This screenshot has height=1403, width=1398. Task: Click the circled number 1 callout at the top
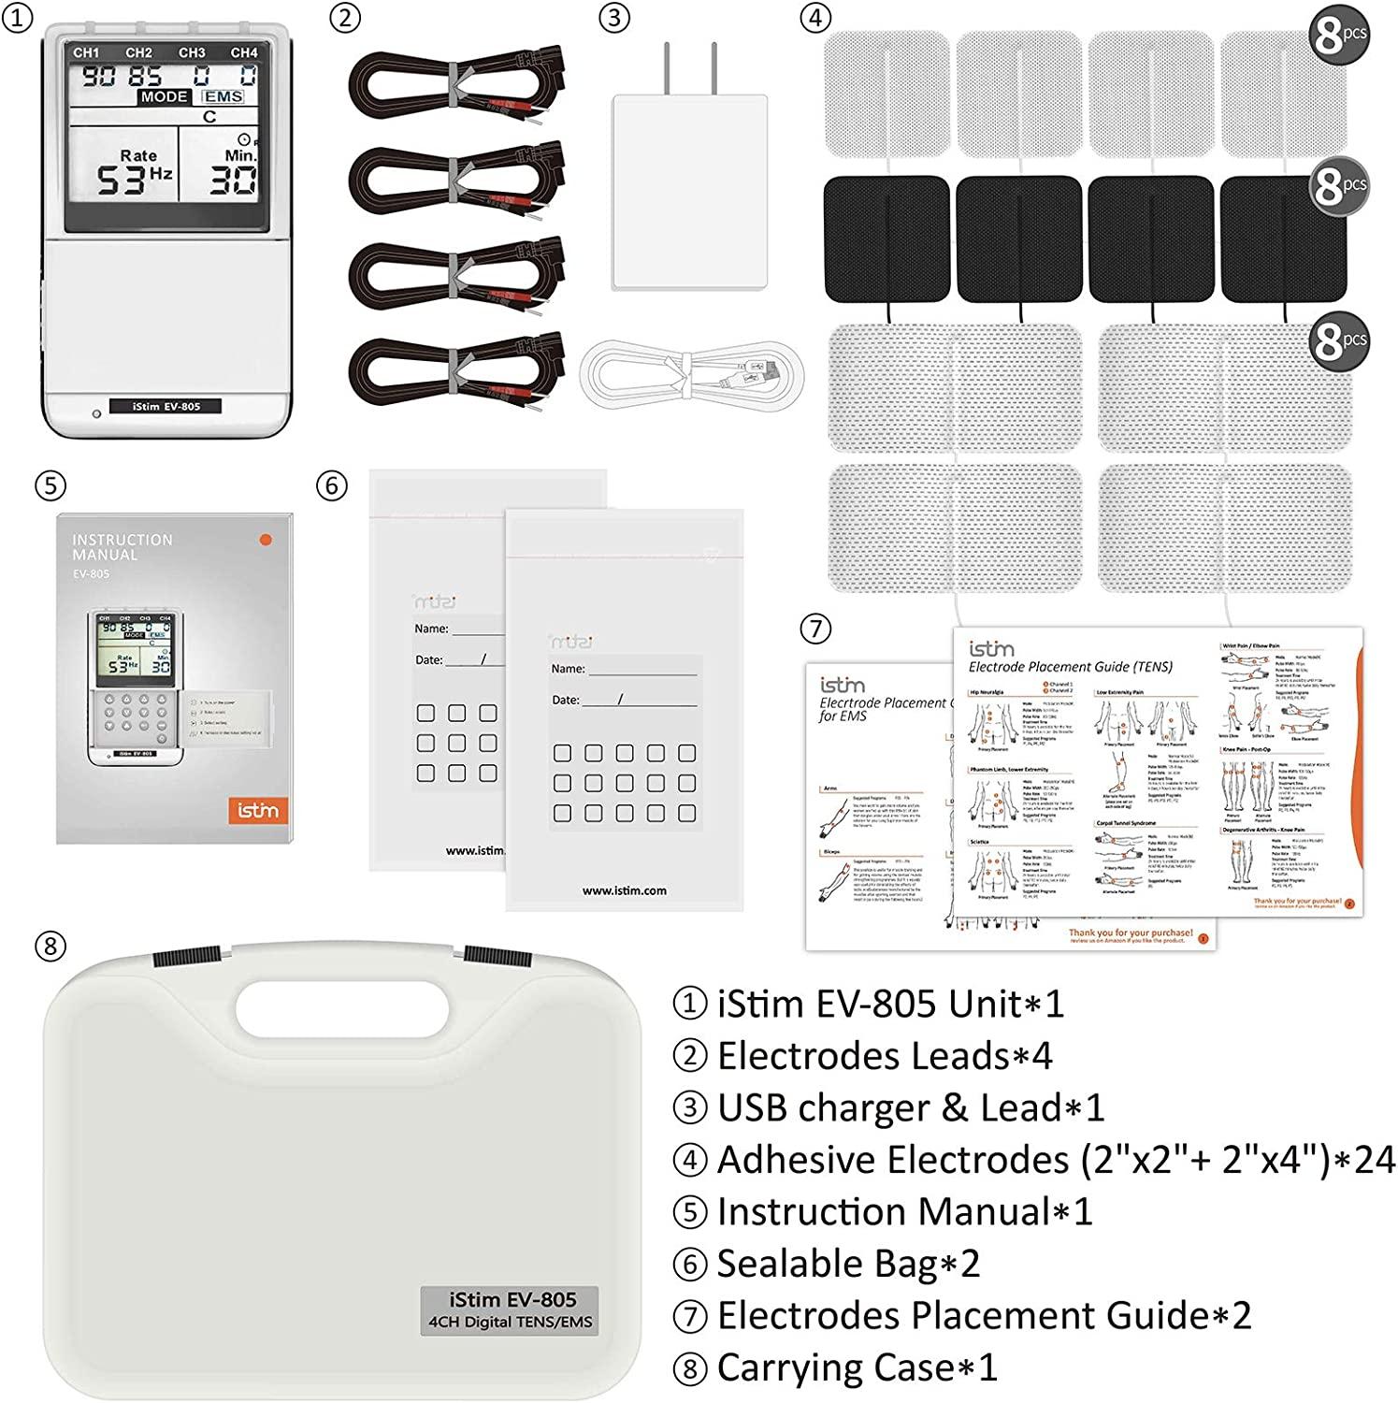16,18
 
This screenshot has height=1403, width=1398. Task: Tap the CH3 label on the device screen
192,53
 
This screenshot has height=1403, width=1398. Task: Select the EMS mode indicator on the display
223,96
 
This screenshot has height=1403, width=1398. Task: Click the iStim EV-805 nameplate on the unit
166,406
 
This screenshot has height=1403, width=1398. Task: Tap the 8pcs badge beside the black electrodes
1338,186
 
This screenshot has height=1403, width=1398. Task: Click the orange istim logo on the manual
257,810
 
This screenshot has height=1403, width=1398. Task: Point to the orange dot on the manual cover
266,540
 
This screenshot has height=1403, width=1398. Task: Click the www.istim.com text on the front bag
624,890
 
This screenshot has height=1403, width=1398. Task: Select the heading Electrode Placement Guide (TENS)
1070,667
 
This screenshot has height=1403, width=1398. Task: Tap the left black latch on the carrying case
186,959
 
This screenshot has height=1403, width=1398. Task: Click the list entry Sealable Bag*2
847,1264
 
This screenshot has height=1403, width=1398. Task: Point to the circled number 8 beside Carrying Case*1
690,1368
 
